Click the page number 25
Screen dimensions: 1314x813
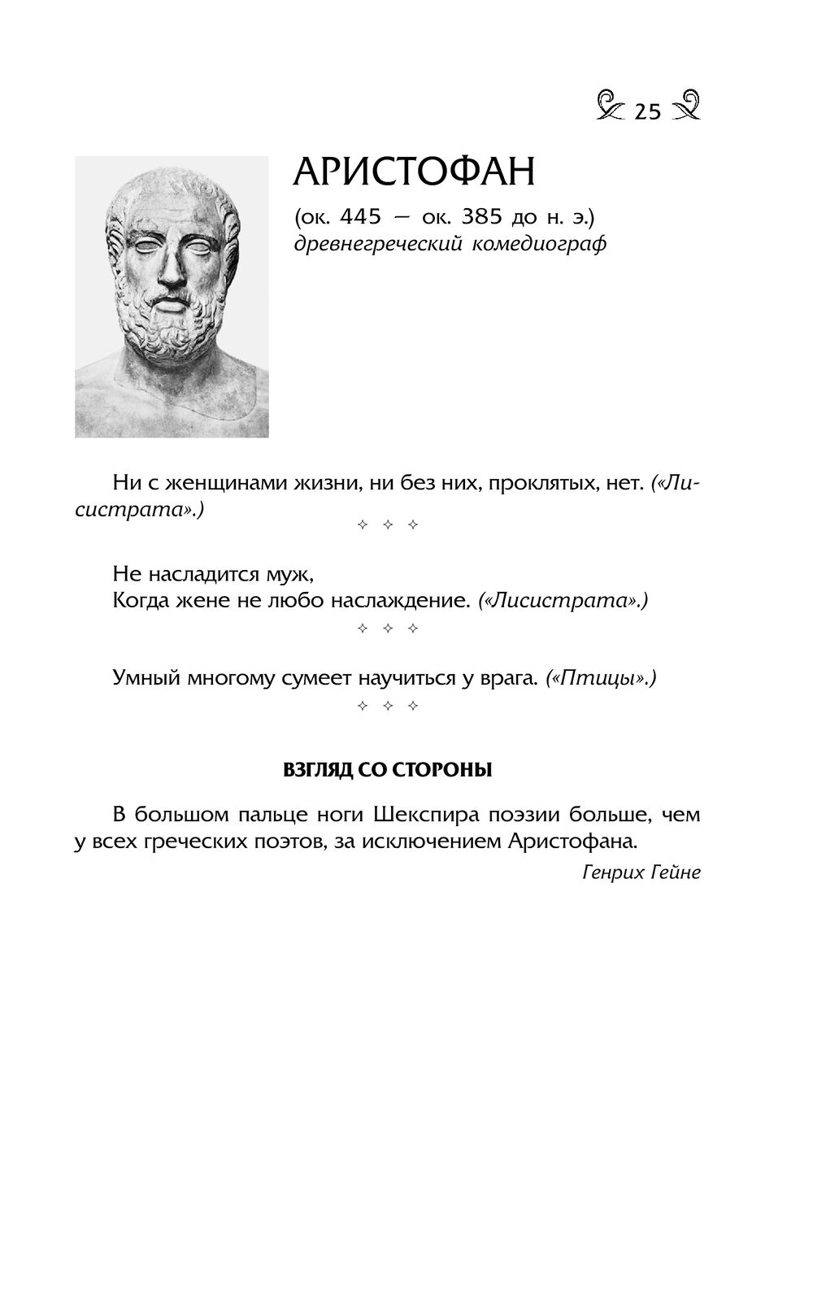(x=647, y=111)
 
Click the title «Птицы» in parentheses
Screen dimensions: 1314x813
(x=600, y=677)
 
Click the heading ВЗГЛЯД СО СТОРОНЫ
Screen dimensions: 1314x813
(x=387, y=770)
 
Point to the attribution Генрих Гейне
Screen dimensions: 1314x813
(x=641, y=872)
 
